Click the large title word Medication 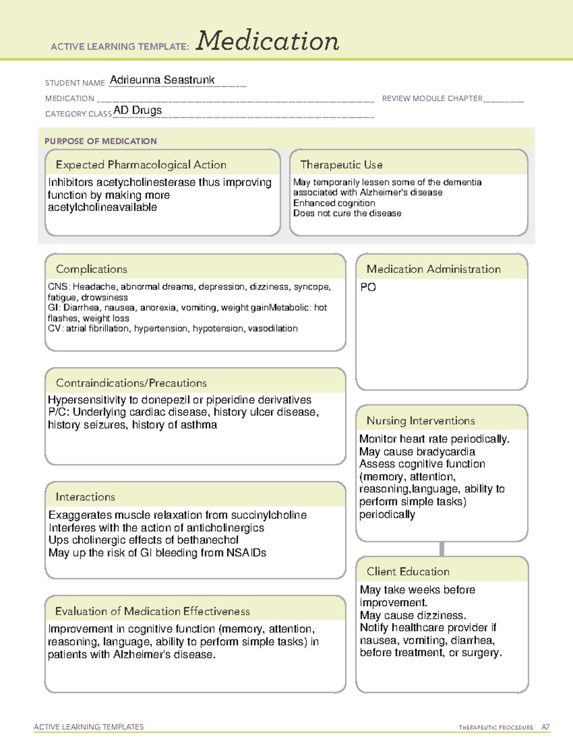pos(267,41)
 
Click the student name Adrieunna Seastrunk pos(162,80)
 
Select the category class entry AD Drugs pos(138,110)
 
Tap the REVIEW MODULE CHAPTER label pos(432,98)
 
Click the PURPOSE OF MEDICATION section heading pos(101,141)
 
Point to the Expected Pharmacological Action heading pos(141,165)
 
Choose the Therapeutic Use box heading pos(341,165)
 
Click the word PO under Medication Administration pos(368,287)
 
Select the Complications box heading pos(92,269)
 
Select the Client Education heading pos(408,572)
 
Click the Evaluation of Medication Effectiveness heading pos(152,611)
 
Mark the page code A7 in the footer pos(545,727)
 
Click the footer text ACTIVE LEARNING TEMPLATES pos(89,727)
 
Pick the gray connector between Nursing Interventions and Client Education pos(442,549)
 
